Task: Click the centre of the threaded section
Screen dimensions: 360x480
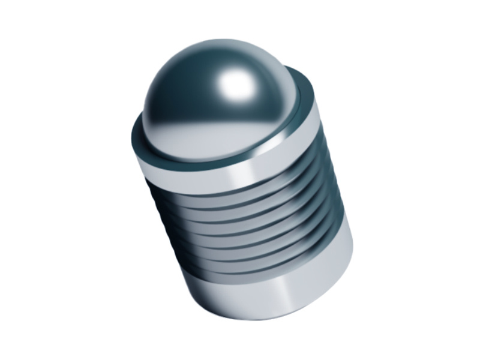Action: point(246,225)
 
